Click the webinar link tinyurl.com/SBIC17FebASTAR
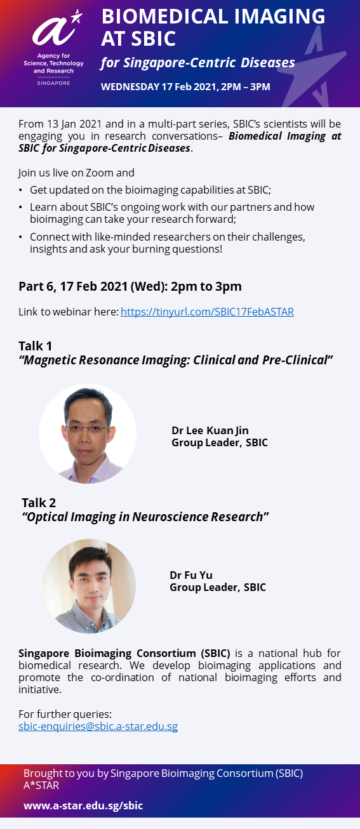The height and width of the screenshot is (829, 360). click(x=207, y=312)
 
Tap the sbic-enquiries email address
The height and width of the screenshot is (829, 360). click(x=98, y=726)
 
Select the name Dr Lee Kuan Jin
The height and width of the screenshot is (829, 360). click(x=210, y=430)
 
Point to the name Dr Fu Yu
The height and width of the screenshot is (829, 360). click(x=191, y=574)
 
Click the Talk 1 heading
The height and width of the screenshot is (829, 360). click(x=35, y=346)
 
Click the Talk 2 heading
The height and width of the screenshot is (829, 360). click(x=39, y=503)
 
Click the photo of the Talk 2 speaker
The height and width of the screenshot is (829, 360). click(x=89, y=586)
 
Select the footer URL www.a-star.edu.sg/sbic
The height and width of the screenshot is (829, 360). click(x=83, y=806)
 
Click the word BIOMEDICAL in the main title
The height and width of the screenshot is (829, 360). click(x=164, y=17)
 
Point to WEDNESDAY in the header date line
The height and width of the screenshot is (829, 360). click(x=130, y=87)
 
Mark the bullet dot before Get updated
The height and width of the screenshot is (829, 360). click(x=20, y=190)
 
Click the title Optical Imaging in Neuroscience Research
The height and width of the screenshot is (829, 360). click(x=145, y=517)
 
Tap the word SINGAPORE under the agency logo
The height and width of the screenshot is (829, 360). click(x=54, y=83)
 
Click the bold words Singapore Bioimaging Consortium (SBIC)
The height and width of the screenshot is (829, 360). click(x=124, y=653)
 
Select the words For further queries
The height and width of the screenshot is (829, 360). click(x=65, y=714)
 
